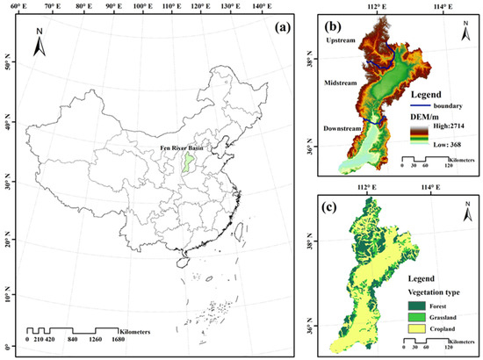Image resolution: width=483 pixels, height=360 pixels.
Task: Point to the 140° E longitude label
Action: (x=261, y=7)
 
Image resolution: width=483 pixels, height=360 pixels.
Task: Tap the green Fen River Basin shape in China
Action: (x=185, y=162)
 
